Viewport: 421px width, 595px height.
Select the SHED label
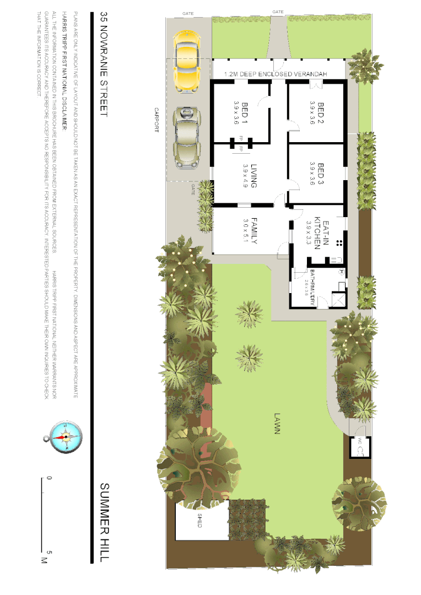[199, 521]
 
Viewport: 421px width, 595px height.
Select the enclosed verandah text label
[276, 74]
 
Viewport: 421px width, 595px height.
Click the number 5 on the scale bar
[50, 551]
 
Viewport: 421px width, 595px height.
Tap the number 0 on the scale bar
[50, 479]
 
